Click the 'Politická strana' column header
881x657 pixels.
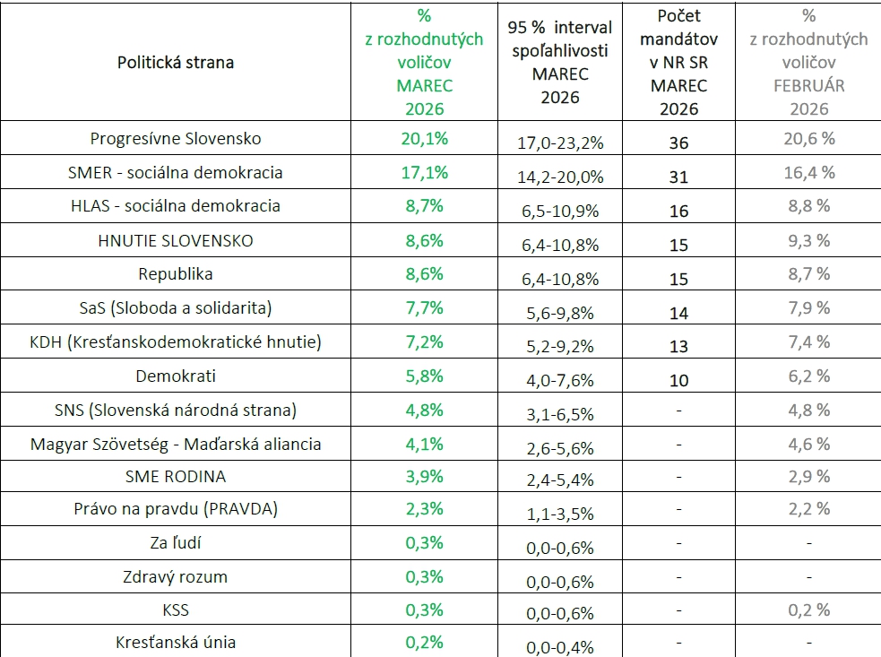click(x=176, y=63)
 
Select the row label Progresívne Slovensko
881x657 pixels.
click(x=176, y=139)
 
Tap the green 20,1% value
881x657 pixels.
click(x=425, y=139)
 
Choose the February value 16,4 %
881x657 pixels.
click(x=809, y=172)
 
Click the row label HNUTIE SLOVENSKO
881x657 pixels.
click(x=176, y=240)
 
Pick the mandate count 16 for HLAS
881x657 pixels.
click(x=678, y=211)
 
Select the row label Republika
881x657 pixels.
click(x=176, y=274)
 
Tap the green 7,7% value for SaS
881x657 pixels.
click(x=425, y=308)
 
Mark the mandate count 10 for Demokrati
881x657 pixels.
click(x=678, y=380)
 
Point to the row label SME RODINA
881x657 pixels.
click(x=176, y=476)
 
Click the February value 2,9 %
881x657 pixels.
click(x=809, y=476)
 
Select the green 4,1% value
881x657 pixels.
click(x=425, y=443)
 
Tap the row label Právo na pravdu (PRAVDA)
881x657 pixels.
click(x=176, y=509)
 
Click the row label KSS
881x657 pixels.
click(x=176, y=610)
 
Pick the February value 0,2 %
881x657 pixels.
click(x=809, y=610)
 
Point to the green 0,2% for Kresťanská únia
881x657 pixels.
click(x=425, y=643)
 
